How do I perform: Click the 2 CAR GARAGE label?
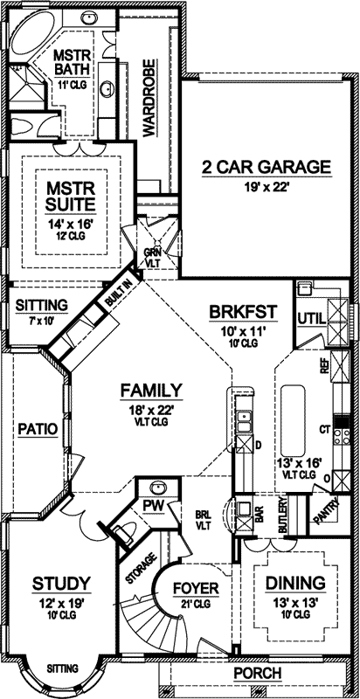tap(254, 167)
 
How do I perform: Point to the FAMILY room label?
tap(151, 390)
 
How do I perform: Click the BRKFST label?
tap(242, 312)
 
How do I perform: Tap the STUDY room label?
tap(59, 583)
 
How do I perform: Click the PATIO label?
tap(36, 429)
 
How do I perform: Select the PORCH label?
tap(258, 673)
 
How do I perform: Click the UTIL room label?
tap(310, 316)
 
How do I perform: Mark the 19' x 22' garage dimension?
tap(254, 185)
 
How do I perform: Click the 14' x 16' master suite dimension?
tap(71, 223)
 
